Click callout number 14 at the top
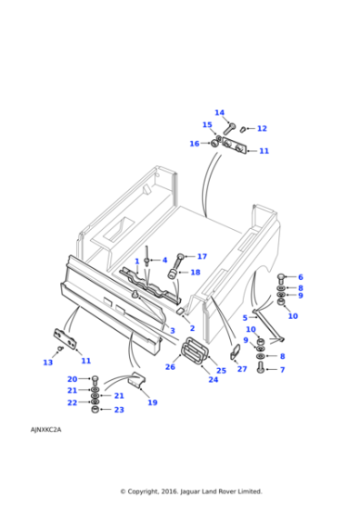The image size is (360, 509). tap(219, 114)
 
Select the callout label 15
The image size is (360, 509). tap(206, 125)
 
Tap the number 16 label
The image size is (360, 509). tap(194, 144)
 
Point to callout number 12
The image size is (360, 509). tap(262, 129)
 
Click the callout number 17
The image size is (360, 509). tap(202, 256)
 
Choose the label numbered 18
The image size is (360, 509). tap(195, 272)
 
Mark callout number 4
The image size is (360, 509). tap(165, 260)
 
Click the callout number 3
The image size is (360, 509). tap(173, 331)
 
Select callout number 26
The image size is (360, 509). tap(170, 367)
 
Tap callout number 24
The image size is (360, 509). tap(214, 380)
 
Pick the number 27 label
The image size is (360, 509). tap(242, 369)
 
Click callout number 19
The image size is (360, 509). tap(152, 403)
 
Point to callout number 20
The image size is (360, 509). tap(72, 379)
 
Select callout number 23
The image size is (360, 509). tap(118, 410)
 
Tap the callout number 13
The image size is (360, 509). tap(47, 363)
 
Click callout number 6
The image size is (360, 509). tap(300, 277)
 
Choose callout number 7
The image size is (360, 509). tap(282, 370)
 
